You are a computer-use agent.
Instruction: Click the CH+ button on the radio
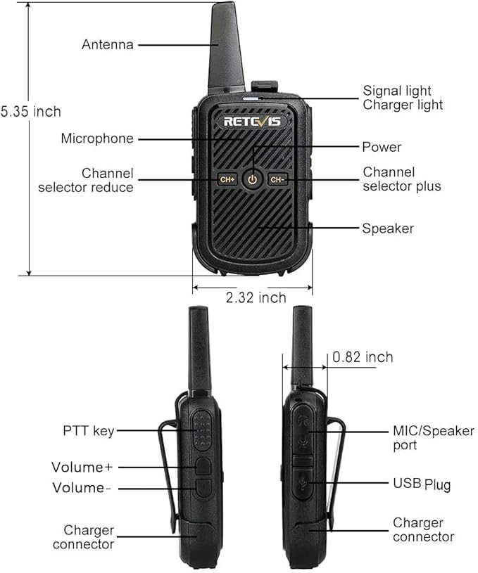(227, 179)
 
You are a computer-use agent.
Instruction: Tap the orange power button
(252, 179)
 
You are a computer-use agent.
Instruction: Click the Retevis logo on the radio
(252, 122)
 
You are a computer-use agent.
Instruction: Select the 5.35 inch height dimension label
(31, 112)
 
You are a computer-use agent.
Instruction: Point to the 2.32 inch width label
(256, 298)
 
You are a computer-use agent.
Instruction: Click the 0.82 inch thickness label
(363, 357)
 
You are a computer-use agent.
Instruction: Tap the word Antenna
(108, 44)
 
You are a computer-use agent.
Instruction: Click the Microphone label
(97, 139)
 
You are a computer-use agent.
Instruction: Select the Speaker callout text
(388, 228)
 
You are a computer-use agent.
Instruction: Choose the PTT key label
(89, 431)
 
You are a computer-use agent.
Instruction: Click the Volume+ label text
(82, 467)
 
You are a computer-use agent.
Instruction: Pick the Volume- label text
(81, 488)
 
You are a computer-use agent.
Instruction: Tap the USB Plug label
(422, 484)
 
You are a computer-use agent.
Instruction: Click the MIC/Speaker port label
(434, 438)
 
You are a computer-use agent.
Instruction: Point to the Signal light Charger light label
(403, 98)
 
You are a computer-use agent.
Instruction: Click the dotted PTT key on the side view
(203, 430)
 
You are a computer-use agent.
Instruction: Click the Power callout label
(382, 147)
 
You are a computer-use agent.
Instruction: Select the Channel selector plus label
(402, 179)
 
